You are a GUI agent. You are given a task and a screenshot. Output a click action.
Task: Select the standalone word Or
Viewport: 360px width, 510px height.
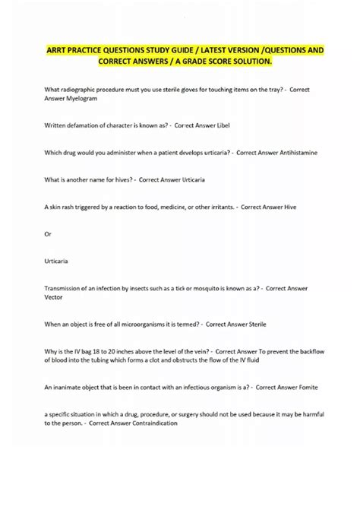(x=49, y=233)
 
